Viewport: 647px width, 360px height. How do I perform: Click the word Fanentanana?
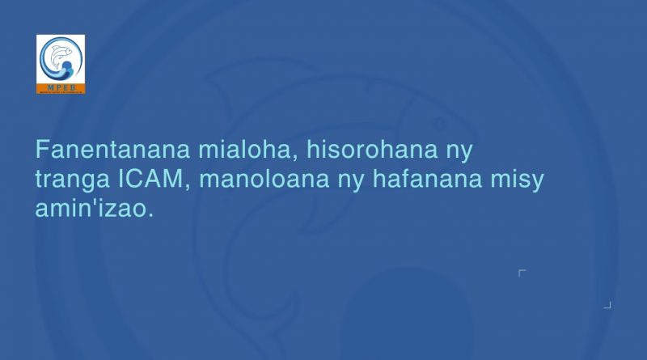pyautogui.click(x=112, y=149)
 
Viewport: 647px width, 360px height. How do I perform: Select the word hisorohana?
pyautogui.click(x=372, y=149)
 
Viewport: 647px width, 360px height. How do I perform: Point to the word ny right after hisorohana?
pyautogui.click(x=459, y=152)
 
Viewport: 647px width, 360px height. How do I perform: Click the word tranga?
pyautogui.click(x=72, y=180)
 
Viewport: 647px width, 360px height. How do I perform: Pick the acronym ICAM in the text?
pyautogui.click(x=150, y=178)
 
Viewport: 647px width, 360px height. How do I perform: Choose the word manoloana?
pyautogui.click(x=264, y=178)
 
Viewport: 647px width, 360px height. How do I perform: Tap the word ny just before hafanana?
pyautogui.click(x=351, y=181)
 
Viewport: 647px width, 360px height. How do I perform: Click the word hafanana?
pyautogui.click(x=427, y=178)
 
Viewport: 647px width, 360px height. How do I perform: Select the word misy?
pyautogui.click(x=517, y=180)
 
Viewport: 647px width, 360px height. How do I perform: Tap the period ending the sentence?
pyautogui.click(x=150, y=215)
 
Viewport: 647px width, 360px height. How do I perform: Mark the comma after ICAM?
pyautogui.click(x=188, y=188)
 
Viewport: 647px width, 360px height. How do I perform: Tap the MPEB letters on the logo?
pyautogui.click(x=61, y=87)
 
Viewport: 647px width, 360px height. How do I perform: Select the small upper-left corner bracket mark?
pyautogui.click(x=521, y=272)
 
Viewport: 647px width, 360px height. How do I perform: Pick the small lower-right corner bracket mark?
pyautogui.click(x=608, y=306)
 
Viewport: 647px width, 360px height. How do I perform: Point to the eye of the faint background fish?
pyautogui.click(x=438, y=123)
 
